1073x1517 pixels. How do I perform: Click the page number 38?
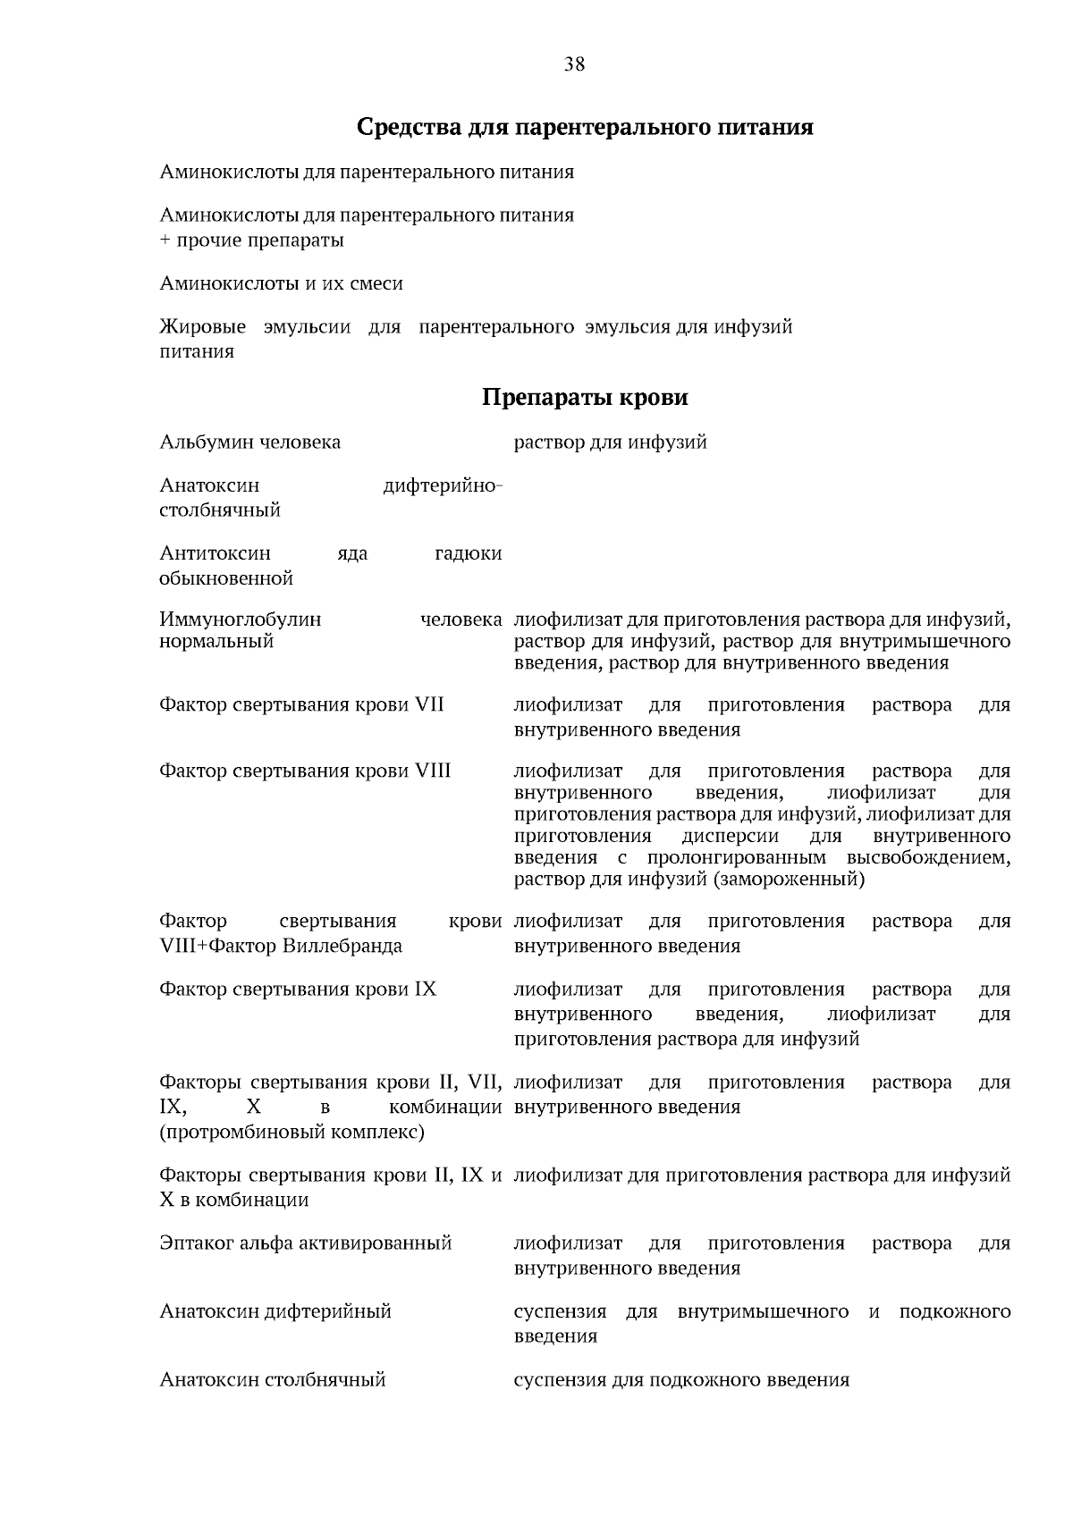point(575,63)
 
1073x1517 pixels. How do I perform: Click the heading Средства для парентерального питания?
point(585,127)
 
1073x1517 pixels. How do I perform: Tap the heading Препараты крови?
point(585,397)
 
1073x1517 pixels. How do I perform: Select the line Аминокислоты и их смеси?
point(281,283)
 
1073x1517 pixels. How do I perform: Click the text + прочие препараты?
point(251,240)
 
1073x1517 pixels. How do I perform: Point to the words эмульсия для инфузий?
point(689,327)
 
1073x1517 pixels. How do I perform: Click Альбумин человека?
point(249,442)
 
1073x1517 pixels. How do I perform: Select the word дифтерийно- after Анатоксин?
point(443,485)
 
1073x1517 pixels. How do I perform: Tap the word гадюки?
point(468,554)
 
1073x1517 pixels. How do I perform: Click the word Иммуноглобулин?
point(240,619)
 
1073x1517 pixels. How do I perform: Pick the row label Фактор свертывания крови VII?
point(301,705)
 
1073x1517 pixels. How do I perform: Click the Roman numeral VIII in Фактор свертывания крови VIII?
point(433,771)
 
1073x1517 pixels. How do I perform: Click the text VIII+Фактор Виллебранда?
point(280,946)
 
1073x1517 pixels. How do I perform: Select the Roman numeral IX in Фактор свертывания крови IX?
point(425,990)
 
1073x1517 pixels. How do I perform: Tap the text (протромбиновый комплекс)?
point(291,1132)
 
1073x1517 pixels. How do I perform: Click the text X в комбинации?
point(233,1200)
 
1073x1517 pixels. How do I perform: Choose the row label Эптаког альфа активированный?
point(305,1243)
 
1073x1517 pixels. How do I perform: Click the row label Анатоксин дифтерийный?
point(275,1311)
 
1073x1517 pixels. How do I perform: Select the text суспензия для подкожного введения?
point(680,1379)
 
